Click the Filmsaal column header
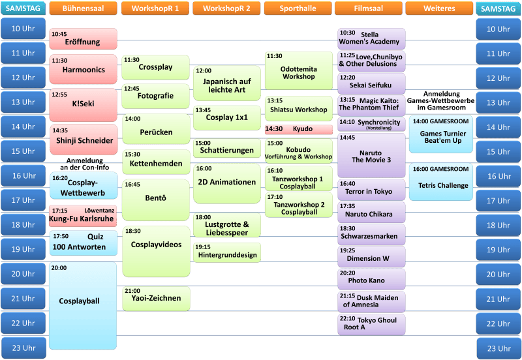point(368,8)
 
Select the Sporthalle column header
point(298,8)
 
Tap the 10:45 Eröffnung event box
point(84,38)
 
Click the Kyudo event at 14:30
point(299,129)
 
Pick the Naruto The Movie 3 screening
point(371,155)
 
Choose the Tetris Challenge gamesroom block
point(441,182)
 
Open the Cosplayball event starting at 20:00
point(83,306)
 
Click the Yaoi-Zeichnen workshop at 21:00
point(156,299)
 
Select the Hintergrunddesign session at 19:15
point(227,252)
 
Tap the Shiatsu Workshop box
point(299,108)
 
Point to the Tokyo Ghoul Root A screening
point(371,324)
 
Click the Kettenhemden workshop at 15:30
point(156,162)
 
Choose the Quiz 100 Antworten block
point(84,243)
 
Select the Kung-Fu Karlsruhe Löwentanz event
point(83,216)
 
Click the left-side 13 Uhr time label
point(23,102)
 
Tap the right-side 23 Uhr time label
point(499,348)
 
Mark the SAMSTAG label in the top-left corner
point(23,8)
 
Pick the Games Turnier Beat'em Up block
point(441,134)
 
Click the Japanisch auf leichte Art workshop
point(227,83)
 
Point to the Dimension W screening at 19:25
point(371,256)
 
